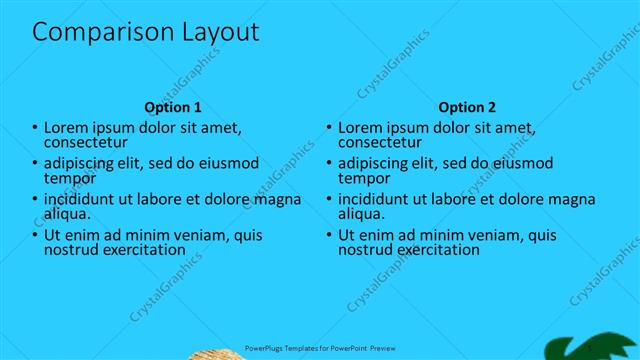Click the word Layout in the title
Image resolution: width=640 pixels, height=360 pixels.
click(x=213, y=33)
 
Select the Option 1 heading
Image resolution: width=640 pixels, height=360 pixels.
click(x=173, y=107)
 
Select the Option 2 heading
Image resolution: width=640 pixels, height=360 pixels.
click(x=467, y=107)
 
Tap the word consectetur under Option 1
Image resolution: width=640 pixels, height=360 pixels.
click(x=86, y=143)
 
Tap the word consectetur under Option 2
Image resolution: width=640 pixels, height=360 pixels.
click(x=380, y=143)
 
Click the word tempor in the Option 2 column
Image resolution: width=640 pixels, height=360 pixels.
click(x=363, y=179)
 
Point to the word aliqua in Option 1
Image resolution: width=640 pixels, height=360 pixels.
click(x=67, y=214)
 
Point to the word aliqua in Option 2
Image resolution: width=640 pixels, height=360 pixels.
click(x=361, y=214)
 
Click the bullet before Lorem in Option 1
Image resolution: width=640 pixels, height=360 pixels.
click(x=35, y=129)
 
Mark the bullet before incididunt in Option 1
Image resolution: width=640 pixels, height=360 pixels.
click(x=35, y=200)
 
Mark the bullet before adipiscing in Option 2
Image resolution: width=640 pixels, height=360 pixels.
click(x=329, y=164)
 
